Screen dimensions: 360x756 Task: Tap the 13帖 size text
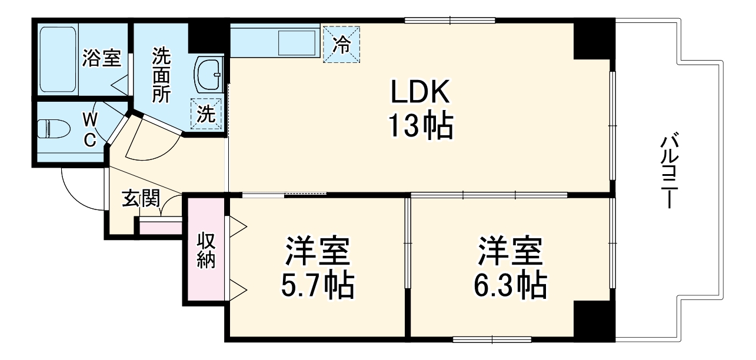pos(420,125)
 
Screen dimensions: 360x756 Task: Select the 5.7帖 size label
pos(318,286)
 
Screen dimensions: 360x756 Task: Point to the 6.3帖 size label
pos(509,286)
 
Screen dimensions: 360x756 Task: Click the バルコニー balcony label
pos(668,171)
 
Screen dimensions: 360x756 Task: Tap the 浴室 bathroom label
pos(101,58)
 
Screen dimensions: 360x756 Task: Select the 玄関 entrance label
pos(141,198)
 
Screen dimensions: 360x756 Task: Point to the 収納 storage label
pos(206,251)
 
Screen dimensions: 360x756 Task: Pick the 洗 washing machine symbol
pos(206,114)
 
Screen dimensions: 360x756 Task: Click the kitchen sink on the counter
pos(297,42)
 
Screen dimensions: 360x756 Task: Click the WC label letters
pos(89,129)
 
